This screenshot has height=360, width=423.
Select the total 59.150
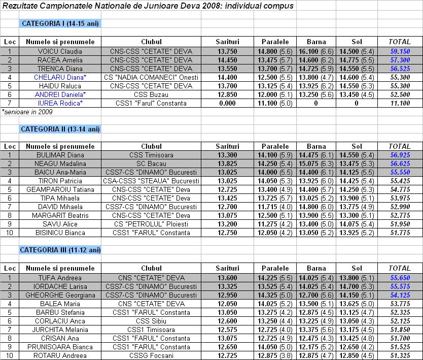(x=400, y=51)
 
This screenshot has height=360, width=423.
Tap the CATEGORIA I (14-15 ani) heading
(x=60, y=24)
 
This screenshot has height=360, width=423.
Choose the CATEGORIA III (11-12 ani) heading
(x=60, y=250)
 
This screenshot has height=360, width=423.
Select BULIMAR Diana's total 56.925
(x=400, y=155)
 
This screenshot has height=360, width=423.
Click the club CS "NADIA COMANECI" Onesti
(x=151, y=77)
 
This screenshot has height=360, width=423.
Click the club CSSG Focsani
(x=151, y=355)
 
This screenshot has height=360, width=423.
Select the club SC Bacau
(x=151, y=163)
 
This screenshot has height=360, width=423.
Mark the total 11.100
(x=400, y=103)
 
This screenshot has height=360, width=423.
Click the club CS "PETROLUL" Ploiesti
(x=151, y=224)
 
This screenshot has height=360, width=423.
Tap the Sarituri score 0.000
(x=227, y=103)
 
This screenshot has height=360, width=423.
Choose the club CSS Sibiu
(x=151, y=321)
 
